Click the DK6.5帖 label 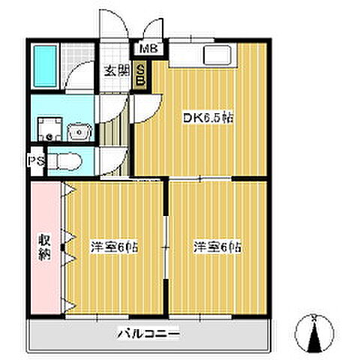pyautogui.click(x=202, y=118)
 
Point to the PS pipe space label pyautogui.click(x=35, y=160)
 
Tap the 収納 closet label pyautogui.click(x=45, y=247)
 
